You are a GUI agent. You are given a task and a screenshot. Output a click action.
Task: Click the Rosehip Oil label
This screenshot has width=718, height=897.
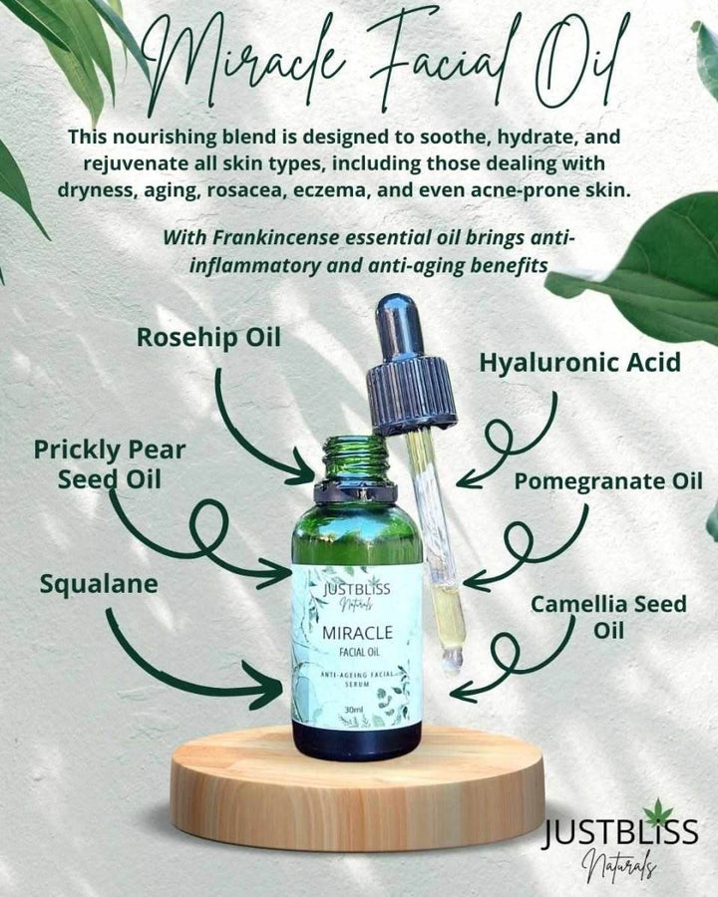click(208, 338)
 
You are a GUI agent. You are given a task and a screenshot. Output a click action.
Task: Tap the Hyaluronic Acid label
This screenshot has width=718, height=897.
click(579, 363)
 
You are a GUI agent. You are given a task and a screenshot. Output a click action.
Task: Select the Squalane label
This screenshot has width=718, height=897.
click(99, 584)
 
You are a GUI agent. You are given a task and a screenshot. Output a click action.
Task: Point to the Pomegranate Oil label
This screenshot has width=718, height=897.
click(608, 481)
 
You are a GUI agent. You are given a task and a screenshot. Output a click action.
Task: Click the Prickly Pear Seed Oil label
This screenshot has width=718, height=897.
click(109, 464)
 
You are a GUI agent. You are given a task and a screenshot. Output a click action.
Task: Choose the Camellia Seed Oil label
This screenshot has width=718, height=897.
click(607, 617)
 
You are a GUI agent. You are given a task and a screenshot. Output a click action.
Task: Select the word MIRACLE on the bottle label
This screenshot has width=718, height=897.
click(356, 631)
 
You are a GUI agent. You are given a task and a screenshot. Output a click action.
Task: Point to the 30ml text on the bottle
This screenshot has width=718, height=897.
click(353, 710)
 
